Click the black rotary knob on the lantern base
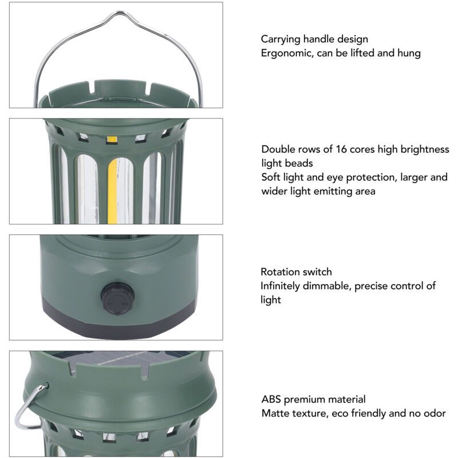click(x=117, y=298)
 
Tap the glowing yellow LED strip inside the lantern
click(x=112, y=191)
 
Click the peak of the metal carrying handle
click(x=120, y=12)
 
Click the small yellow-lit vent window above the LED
click(x=112, y=139)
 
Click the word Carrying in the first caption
click(x=280, y=40)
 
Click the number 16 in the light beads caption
click(x=341, y=149)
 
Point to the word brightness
click(x=424, y=149)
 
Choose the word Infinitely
click(x=280, y=286)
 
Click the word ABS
click(x=271, y=399)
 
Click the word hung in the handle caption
click(x=409, y=53)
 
